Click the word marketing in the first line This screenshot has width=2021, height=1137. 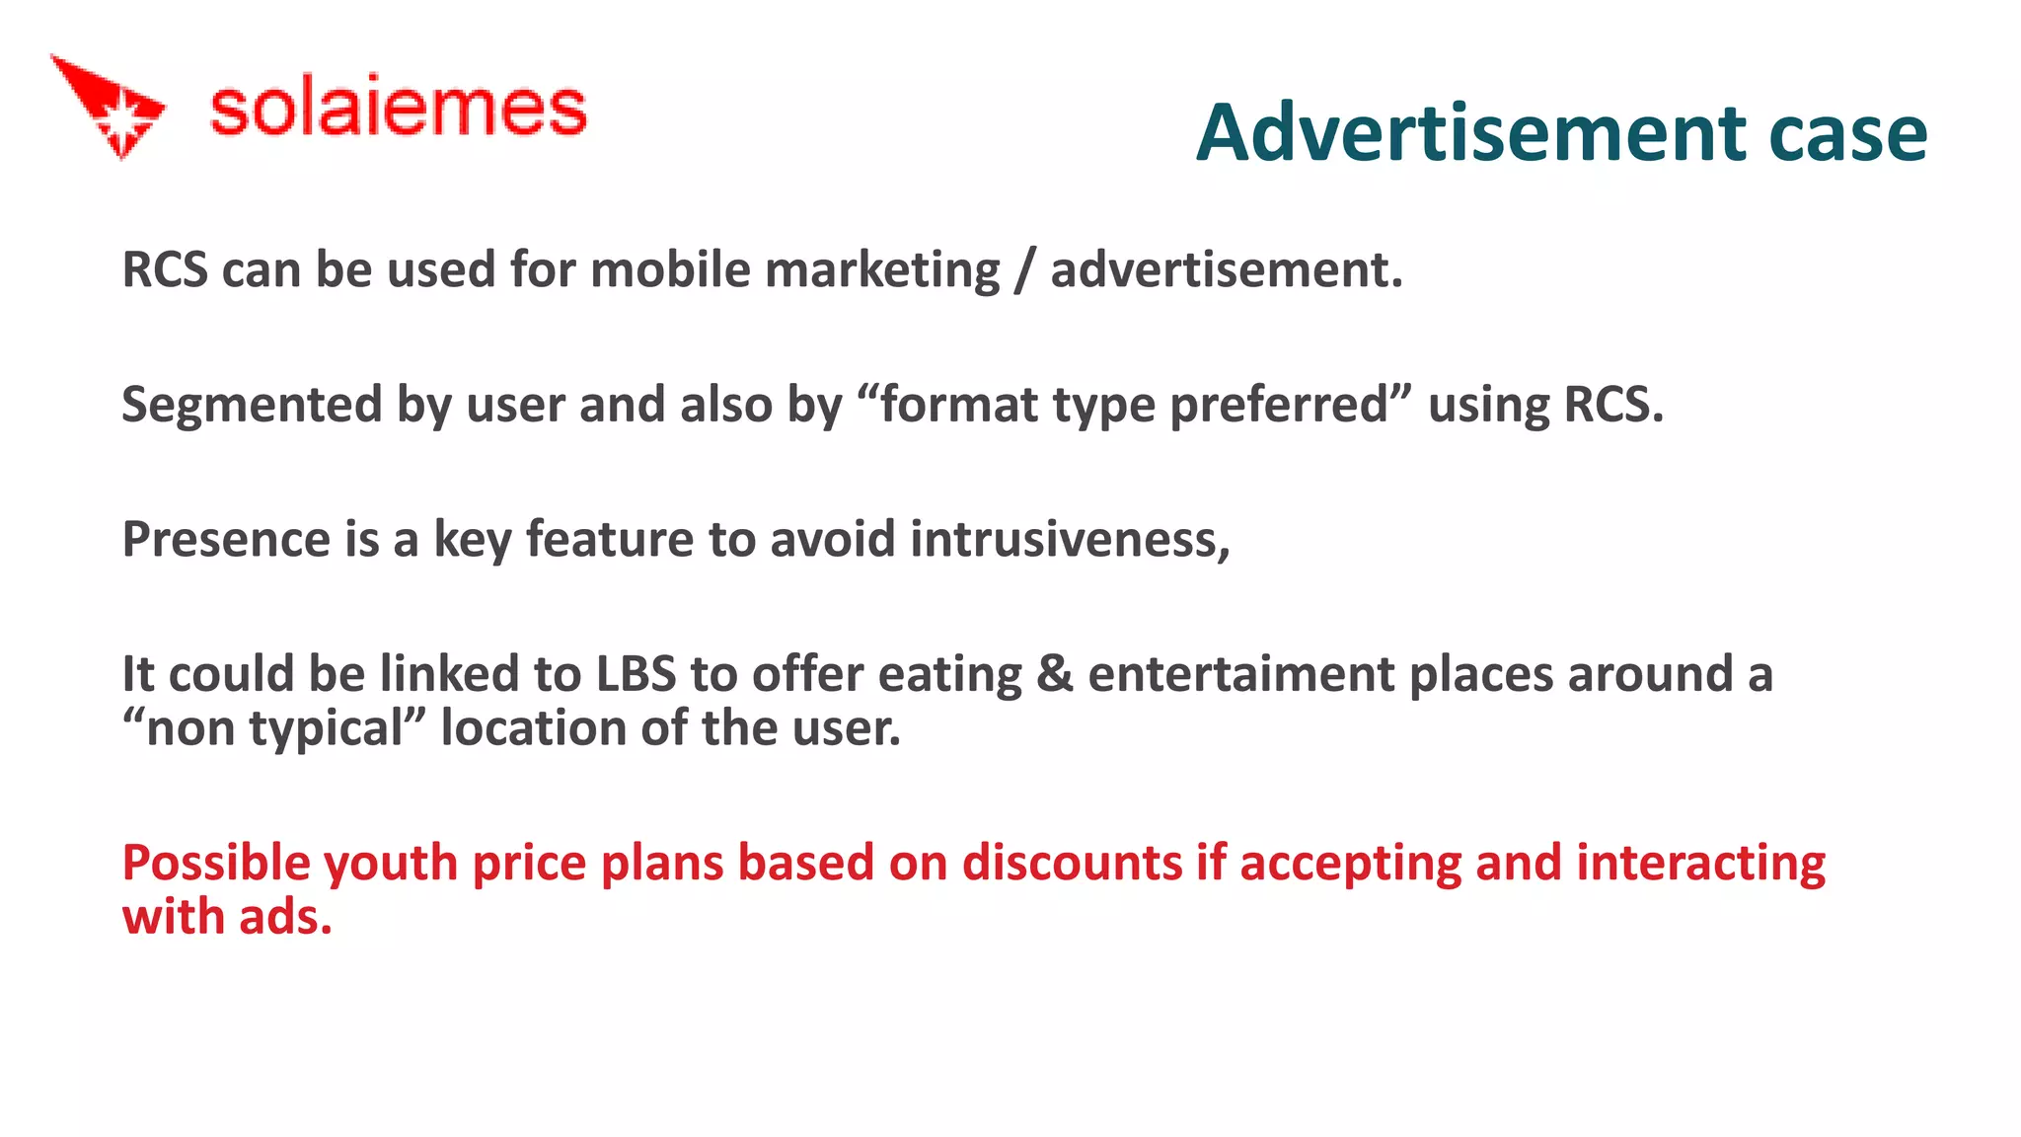pyautogui.click(x=882, y=270)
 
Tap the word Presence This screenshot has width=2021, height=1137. pyautogui.click(x=226, y=539)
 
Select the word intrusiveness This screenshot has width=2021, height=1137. pyautogui.click(x=1070, y=539)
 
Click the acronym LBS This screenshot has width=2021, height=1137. pyautogui.click(x=636, y=674)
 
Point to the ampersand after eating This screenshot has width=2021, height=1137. pyautogui.click(x=1055, y=674)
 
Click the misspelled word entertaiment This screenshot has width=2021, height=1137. pyautogui.click(x=1241, y=674)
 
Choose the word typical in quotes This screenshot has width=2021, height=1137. pyautogui.click(x=326, y=729)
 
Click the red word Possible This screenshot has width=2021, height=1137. pyautogui.click(x=216, y=863)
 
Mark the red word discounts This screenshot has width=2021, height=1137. pyautogui.click(x=1072, y=863)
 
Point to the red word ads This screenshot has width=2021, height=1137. pyautogui.click(x=285, y=917)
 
